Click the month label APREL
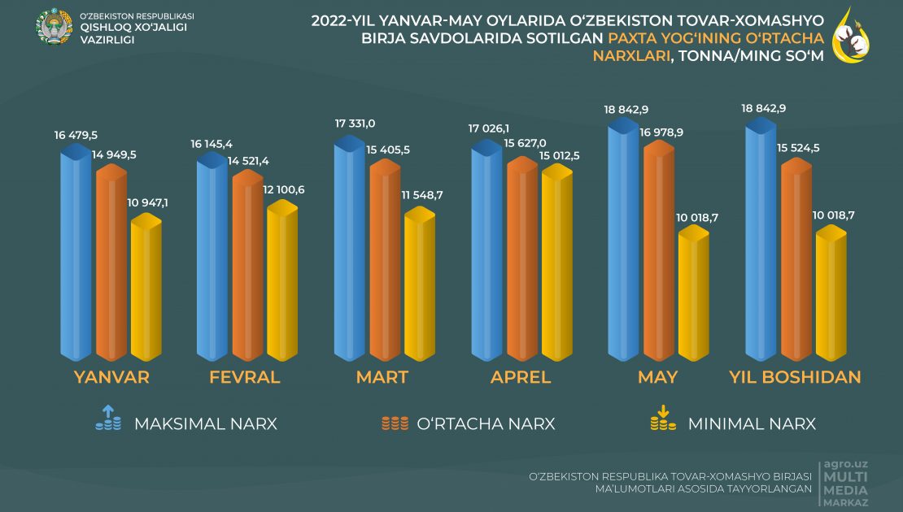click(521, 377)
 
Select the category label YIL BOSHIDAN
click(796, 377)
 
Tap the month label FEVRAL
click(245, 377)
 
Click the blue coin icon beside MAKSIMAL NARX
click(108, 418)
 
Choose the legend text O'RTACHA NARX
click(486, 424)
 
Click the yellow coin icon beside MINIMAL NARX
click(662, 418)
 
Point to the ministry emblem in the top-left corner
click(54, 26)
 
